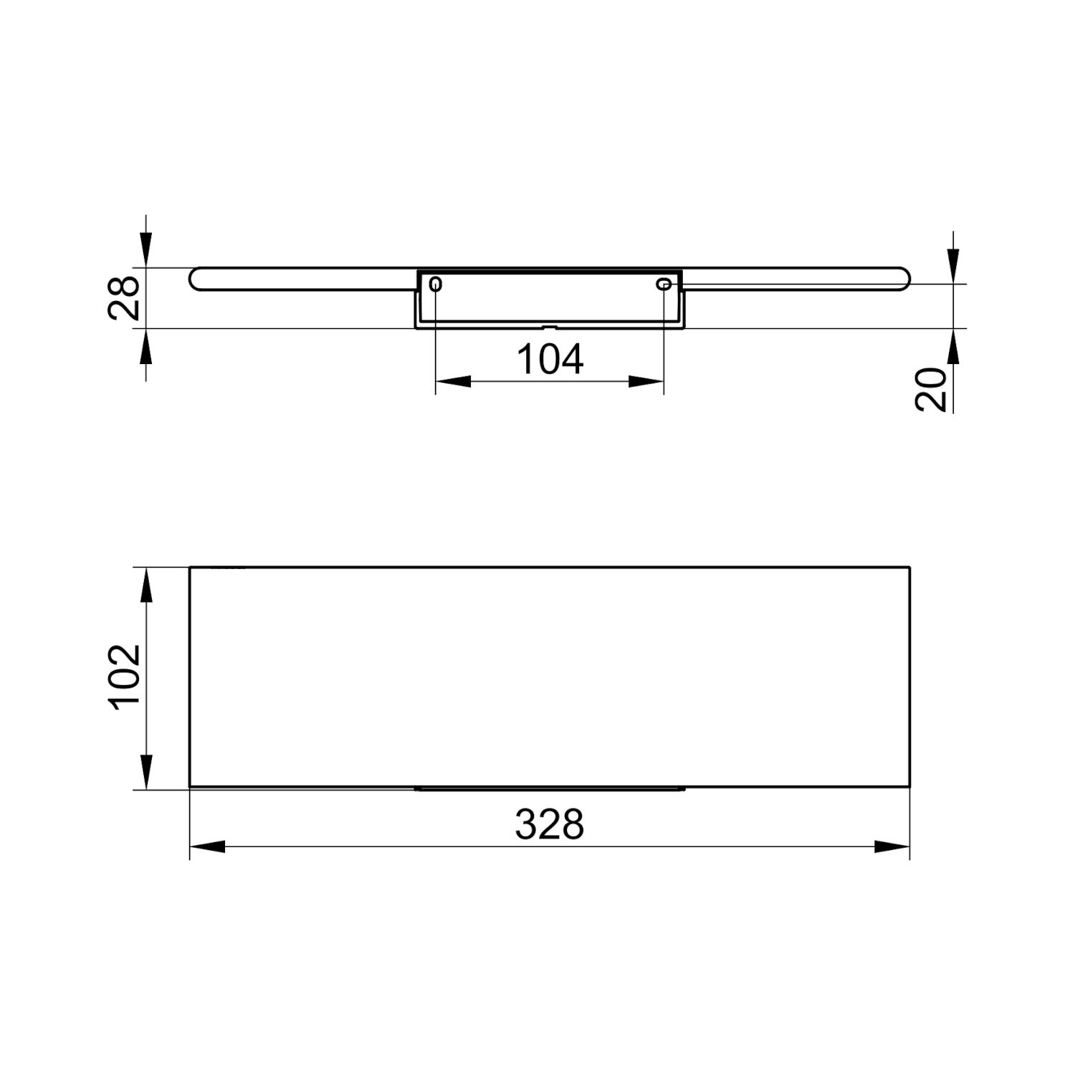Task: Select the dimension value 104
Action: click(x=550, y=359)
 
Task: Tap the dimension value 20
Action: click(x=931, y=389)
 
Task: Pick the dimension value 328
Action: click(x=550, y=824)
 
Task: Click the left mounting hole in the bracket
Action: click(x=436, y=285)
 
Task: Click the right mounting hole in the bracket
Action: click(x=664, y=285)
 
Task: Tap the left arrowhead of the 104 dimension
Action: click(x=453, y=381)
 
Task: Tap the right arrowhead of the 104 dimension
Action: click(x=646, y=381)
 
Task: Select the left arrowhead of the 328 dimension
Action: click(x=207, y=846)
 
